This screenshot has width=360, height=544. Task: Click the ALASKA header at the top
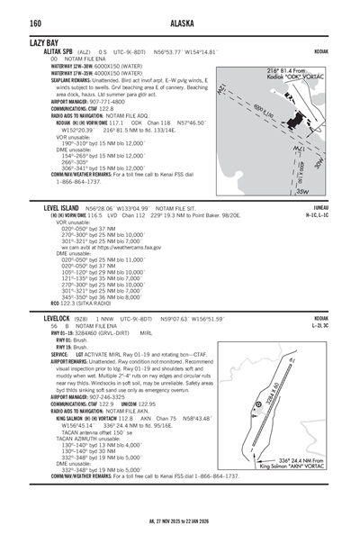point(179,23)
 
